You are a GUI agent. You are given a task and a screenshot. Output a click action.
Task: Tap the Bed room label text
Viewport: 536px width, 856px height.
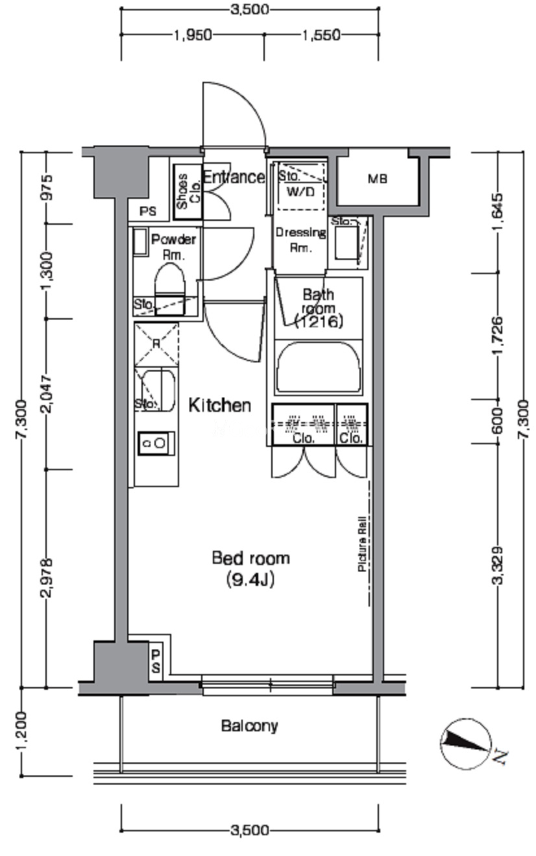click(251, 558)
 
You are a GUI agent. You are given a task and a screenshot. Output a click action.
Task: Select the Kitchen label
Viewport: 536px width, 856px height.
click(220, 405)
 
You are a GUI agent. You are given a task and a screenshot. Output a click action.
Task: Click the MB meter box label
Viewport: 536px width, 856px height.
click(377, 179)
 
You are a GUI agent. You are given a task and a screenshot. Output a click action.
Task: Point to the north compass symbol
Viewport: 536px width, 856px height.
click(466, 743)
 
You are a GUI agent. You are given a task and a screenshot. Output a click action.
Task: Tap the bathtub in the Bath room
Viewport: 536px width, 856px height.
click(319, 367)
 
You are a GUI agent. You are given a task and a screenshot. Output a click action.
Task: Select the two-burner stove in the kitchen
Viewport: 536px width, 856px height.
click(156, 444)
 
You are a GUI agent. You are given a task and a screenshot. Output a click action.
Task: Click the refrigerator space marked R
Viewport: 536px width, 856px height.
click(156, 344)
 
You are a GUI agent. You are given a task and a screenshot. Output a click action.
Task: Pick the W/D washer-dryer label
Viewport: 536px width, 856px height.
click(300, 192)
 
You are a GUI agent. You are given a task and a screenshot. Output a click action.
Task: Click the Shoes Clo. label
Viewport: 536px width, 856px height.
click(188, 192)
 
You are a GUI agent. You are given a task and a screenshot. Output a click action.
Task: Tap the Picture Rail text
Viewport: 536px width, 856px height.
click(362, 544)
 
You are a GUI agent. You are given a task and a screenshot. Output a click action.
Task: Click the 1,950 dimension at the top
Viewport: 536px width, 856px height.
click(193, 35)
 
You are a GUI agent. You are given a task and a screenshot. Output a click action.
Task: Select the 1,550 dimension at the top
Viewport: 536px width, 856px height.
click(321, 35)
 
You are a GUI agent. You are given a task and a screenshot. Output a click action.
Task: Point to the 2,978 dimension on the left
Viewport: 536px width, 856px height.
click(47, 578)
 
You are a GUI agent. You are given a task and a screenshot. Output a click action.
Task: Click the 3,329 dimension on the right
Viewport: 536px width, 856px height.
click(498, 566)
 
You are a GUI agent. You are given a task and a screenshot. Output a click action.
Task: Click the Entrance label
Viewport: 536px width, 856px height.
click(234, 177)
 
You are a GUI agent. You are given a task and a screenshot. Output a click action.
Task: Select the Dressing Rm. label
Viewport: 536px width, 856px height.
click(301, 240)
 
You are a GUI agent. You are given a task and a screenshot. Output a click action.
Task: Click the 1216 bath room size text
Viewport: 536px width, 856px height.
click(319, 322)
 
